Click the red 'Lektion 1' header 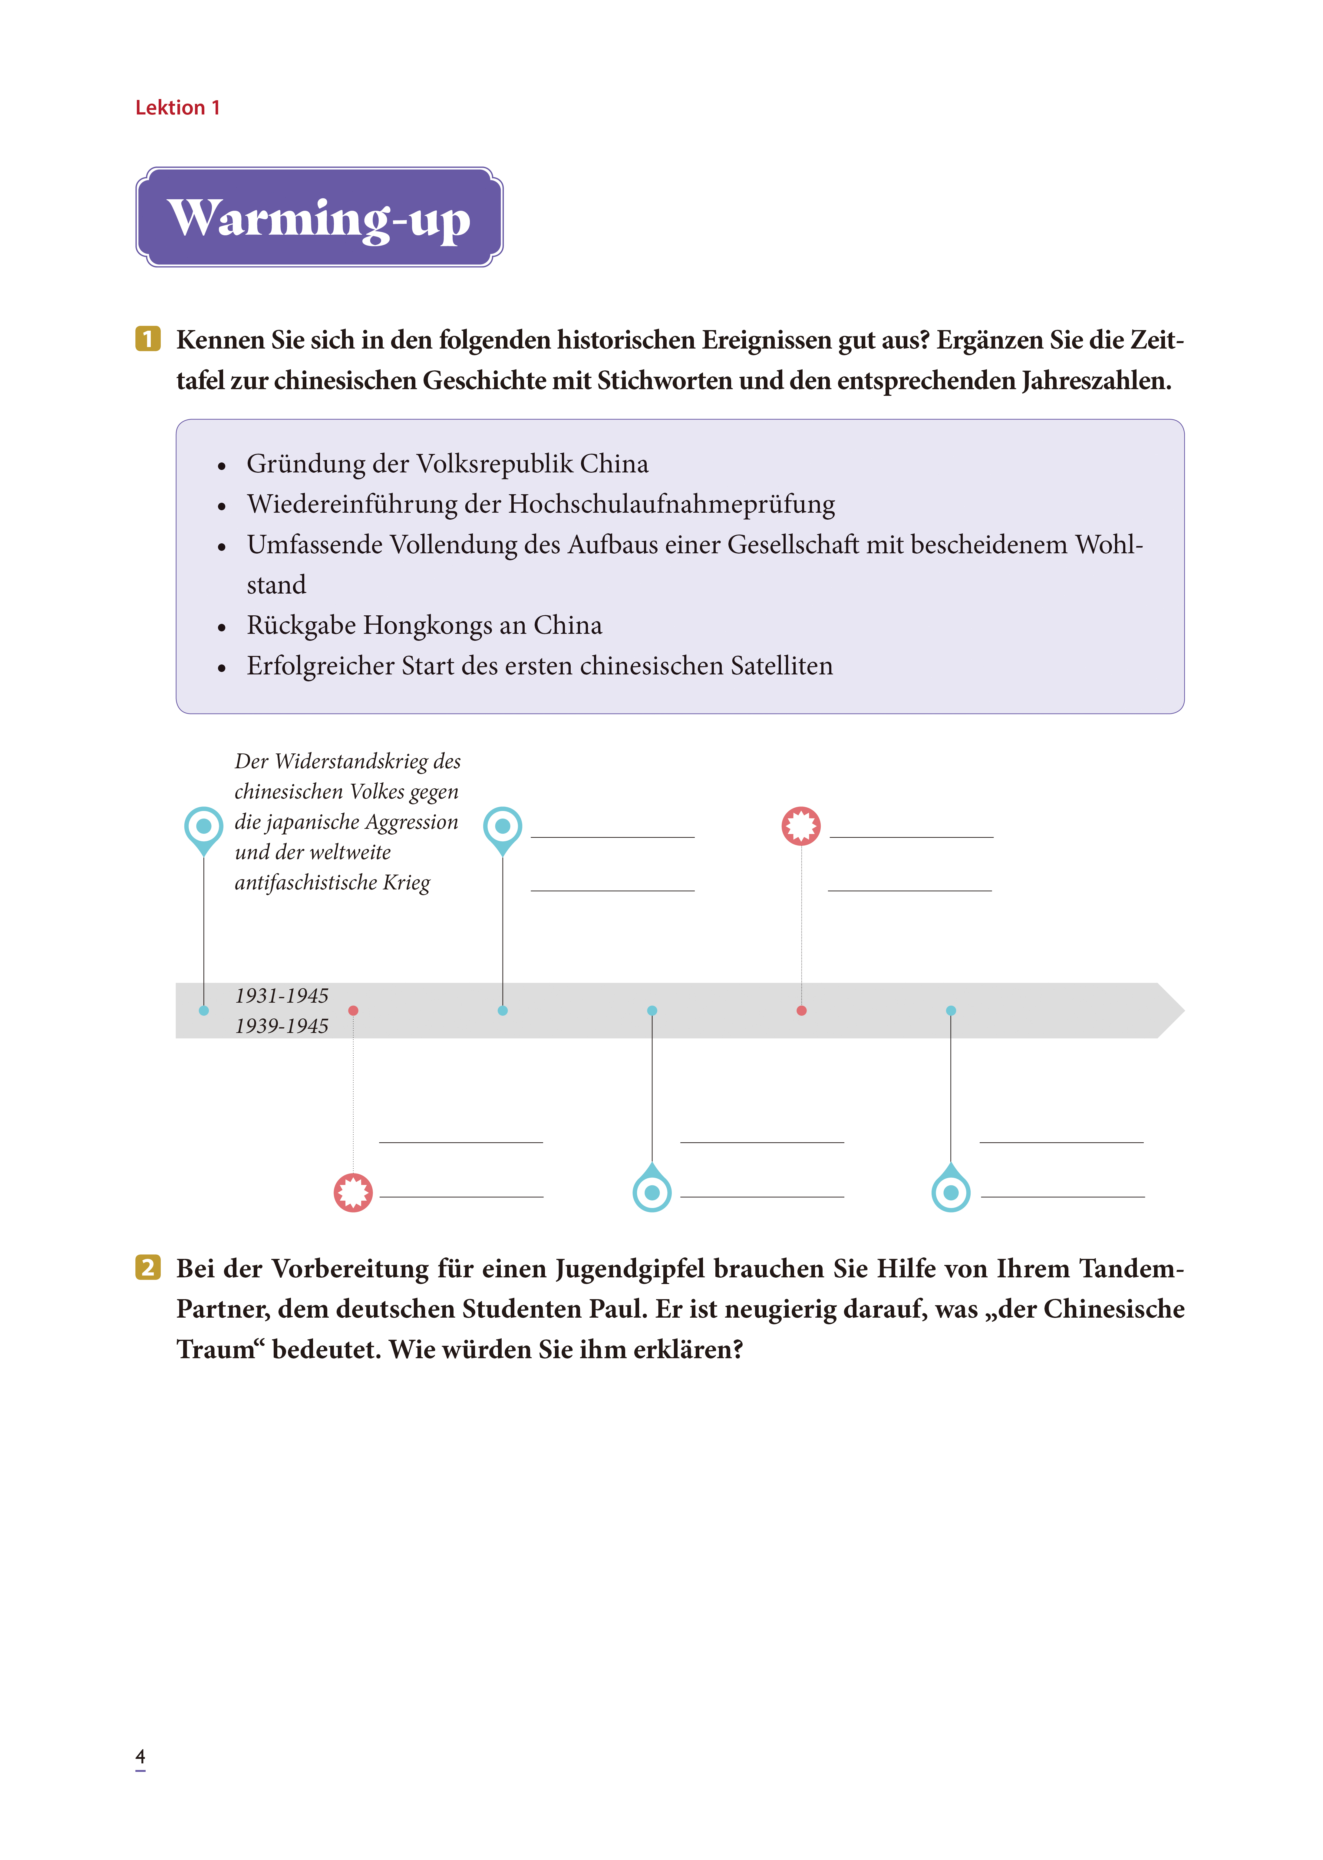click(178, 108)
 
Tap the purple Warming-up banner click(319, 217)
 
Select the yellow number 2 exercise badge click(147, 1268)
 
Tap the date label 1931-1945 click(281, 996)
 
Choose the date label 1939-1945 click(281, 1026)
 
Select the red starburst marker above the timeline click(801, 826)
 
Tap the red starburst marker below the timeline click(353, 1193)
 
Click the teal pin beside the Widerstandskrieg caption click(204, 827)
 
